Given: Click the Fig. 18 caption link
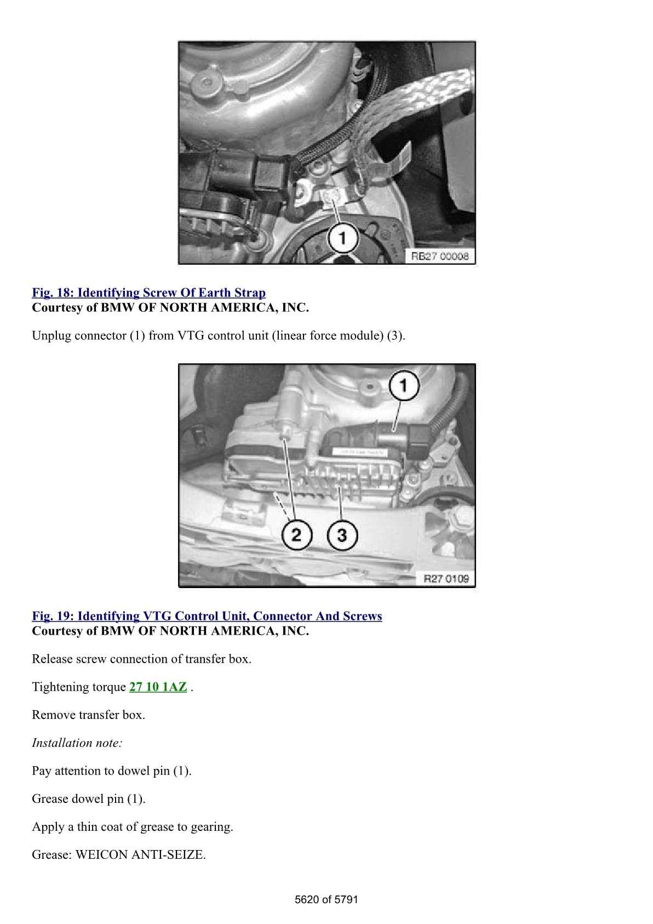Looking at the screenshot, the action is point(149,293).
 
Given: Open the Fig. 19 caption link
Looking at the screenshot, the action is point(207,616).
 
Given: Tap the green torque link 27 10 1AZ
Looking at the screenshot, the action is point(158,687).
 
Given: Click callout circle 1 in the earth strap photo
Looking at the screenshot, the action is point(342,238).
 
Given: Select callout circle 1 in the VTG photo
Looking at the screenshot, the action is point(404,386).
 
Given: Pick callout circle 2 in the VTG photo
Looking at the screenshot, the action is point(297,535).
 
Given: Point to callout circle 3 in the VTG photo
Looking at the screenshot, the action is point(342,535).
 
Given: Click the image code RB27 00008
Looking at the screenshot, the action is point(440,256).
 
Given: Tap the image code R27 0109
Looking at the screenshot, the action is point(446,579).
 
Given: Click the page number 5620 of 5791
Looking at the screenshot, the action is point(326,899).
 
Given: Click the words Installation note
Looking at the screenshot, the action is point(77,743).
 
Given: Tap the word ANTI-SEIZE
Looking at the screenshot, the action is point(168,854).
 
